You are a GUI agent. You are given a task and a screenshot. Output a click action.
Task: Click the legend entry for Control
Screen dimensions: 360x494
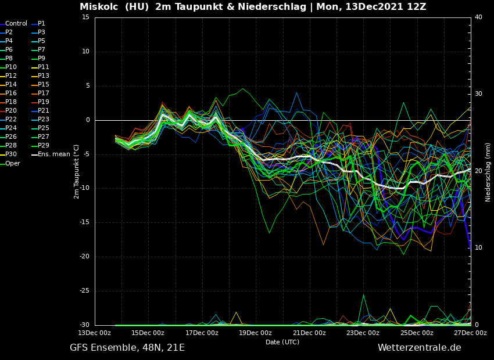(16, 24)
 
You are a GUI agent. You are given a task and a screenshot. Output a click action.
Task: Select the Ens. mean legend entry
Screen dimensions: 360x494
(53, 154)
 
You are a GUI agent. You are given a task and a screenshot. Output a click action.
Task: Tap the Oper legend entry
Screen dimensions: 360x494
(12, 163)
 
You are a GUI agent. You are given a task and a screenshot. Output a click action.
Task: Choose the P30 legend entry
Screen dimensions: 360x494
(11, 154)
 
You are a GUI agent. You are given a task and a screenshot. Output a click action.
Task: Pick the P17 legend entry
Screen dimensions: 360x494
(43, 93)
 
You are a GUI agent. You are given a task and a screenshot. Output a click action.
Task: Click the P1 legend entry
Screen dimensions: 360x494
(41, 24)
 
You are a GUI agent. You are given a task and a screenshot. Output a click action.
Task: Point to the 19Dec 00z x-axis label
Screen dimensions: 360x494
(255, 333)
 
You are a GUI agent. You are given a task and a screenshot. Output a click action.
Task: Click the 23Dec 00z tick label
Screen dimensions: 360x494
(363, 333)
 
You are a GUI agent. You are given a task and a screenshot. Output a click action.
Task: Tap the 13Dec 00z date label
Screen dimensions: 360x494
(94, 333)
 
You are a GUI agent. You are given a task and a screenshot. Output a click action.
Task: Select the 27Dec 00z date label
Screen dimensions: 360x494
(470, 333)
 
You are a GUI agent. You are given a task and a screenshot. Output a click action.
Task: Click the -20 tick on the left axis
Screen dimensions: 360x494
(85, 257)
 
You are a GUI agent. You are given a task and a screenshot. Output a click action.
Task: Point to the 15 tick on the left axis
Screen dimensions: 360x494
(86, 17)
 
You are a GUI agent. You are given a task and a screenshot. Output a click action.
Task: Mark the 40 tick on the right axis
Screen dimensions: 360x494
(478, 17)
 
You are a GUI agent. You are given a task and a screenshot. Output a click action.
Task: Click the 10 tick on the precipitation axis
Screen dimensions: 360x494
(478, 248)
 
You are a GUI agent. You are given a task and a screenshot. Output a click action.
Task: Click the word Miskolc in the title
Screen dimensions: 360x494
(99, 7)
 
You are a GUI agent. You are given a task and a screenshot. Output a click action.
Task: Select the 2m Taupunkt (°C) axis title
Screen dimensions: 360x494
(77, 171)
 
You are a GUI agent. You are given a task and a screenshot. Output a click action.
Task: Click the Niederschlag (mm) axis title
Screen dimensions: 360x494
(488, 171)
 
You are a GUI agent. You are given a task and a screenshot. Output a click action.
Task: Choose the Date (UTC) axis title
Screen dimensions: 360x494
(282, 343)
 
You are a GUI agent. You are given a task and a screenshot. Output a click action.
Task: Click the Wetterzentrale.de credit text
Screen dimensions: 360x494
(419, 348)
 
